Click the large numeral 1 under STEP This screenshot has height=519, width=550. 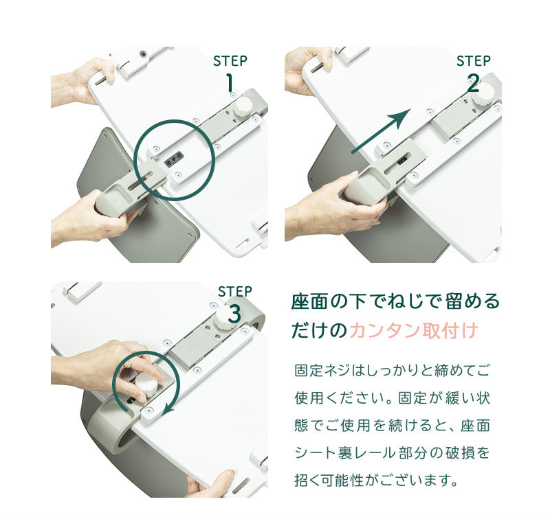tap(230, 82)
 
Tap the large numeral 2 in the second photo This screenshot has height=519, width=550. tap(473, 83)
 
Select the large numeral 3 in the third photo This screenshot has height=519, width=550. tap(234, 314)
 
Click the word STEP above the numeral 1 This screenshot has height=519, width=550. tap(230, 61)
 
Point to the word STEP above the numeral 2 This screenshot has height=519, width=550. tap(473, 61)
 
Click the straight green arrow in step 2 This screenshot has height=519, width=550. tap(381, 131)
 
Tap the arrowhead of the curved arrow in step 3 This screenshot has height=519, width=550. tap(170, 406)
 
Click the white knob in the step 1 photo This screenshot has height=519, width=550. tap(243, 107)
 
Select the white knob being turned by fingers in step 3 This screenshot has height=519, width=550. tap(146, 384)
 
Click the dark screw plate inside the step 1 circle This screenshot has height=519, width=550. tap(174, 159)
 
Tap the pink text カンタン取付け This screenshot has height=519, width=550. tap(415, 330)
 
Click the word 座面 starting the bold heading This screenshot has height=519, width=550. tap(309, 301)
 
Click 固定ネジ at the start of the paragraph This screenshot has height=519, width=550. tap(322, 370)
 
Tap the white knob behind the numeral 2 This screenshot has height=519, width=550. tap(483, 93)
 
